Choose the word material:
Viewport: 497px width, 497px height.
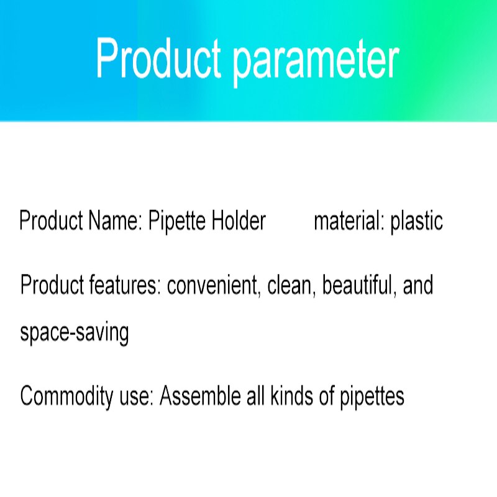[x=348, y=221]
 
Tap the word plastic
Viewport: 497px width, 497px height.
[x=416, y=222]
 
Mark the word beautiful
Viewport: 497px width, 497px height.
[x=360, y=286]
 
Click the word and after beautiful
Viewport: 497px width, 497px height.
[x=417, y=286]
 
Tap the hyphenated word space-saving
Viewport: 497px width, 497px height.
[x=75, y=334]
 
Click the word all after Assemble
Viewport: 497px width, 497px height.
[x=253, y=396]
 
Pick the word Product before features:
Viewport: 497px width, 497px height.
[x=52, y=286]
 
